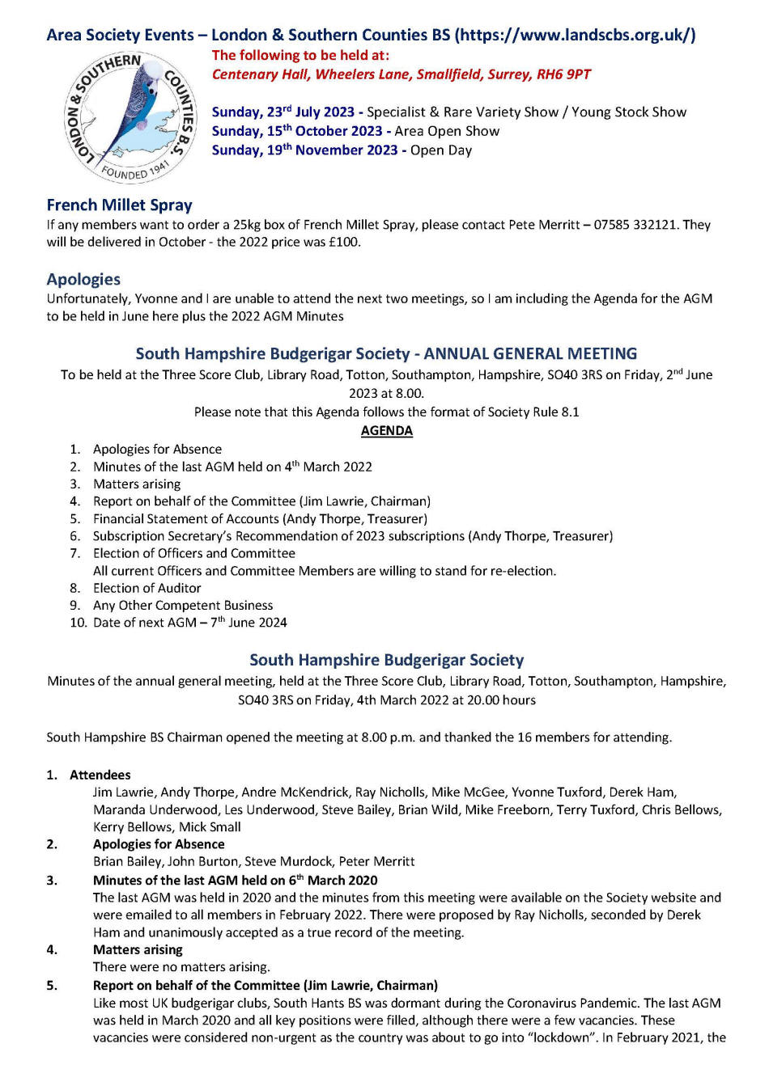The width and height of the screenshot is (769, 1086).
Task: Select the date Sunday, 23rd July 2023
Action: [283, 112]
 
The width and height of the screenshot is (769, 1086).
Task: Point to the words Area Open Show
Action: [447, 131]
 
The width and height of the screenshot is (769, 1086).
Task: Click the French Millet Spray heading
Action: [119, 205]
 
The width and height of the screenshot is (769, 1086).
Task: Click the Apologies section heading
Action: [83, 280]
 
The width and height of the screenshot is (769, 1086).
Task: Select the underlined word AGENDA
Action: [386, 431]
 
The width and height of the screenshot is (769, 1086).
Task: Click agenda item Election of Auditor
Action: [147, 588]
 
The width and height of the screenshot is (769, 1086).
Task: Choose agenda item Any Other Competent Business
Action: [183, 606]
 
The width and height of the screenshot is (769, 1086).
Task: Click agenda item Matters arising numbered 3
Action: [137, 484]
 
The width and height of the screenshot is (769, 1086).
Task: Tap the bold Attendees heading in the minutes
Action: [100, 775]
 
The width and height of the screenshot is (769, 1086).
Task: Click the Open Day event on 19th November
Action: [441, 150]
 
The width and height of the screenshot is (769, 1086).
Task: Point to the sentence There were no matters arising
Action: [181, 967]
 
